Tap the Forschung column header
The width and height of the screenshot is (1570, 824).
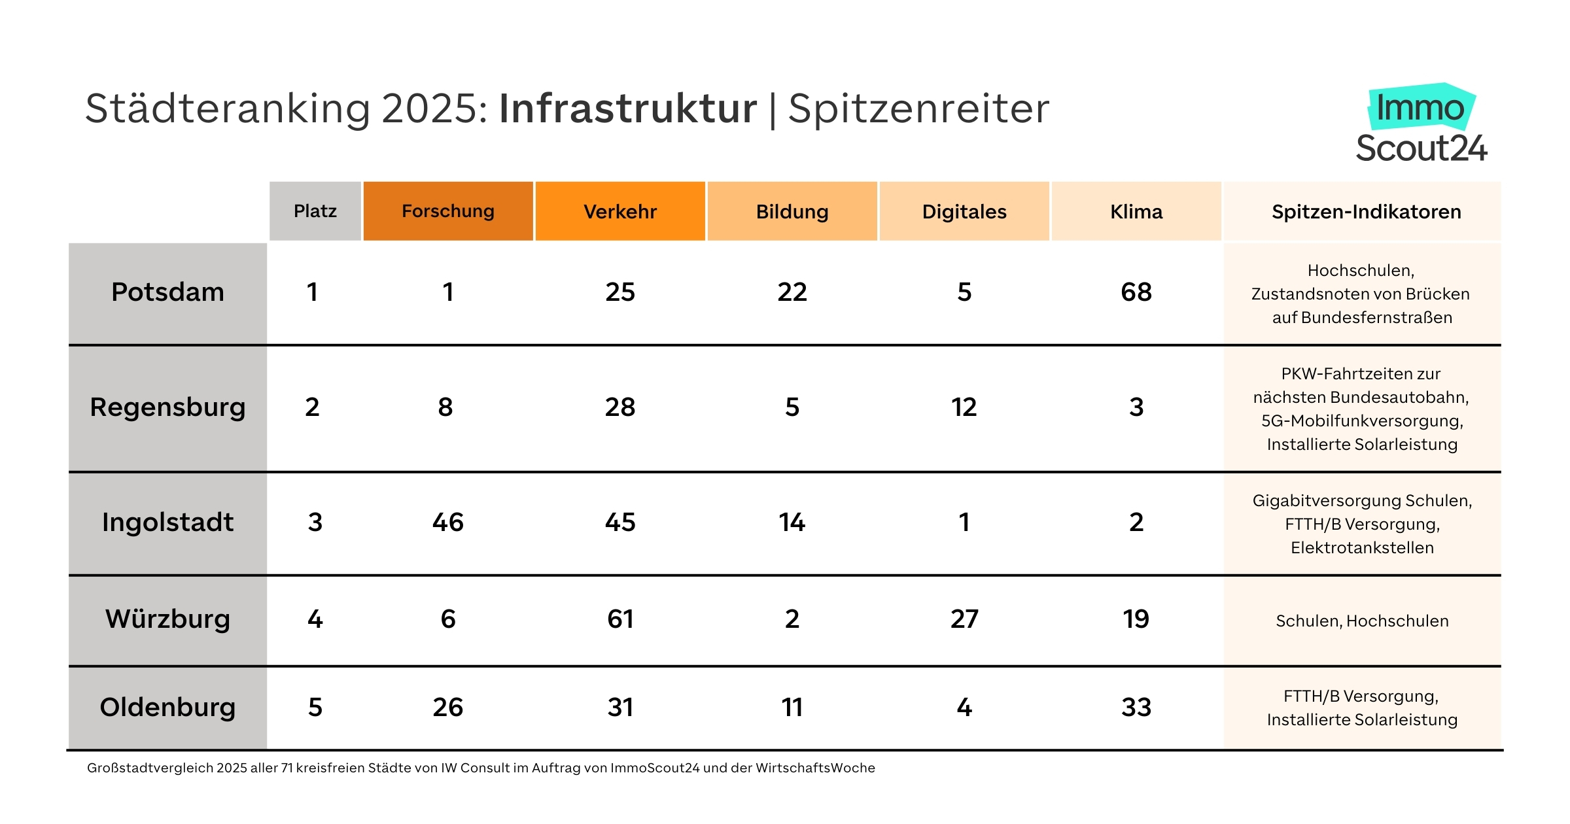point(448,211)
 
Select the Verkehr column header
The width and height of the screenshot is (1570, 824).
point(620,211)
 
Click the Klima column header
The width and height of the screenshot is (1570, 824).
point(1136,211)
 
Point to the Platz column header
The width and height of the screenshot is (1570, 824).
point(315,211)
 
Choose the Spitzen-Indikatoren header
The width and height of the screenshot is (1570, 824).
point(1366,211)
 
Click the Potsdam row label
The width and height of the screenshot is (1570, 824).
point(167,292)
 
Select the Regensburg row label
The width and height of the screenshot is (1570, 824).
point(167,407)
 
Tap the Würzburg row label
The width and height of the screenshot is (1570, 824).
point(167,619)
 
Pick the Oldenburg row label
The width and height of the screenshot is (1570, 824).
point(167,707)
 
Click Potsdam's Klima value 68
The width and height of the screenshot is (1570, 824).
point(1136,292)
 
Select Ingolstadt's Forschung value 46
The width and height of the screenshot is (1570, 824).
point(448,522)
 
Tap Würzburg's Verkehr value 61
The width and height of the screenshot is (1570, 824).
point(620,619)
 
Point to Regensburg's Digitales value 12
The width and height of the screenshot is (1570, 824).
point(964,407)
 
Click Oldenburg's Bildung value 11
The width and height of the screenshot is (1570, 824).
point(792,707)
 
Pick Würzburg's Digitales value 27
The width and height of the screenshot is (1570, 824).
point(964,619)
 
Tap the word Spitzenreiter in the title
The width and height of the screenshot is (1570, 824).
point(918,109)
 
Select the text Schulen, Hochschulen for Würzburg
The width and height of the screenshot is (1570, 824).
point(1362,621)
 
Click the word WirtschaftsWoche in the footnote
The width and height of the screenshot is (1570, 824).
point(815,768)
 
